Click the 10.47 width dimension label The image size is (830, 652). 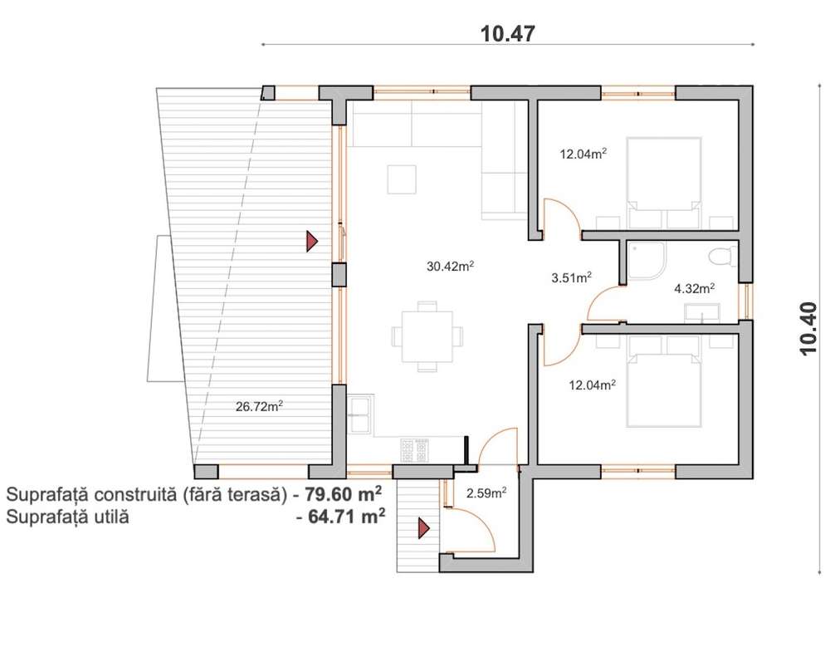508,33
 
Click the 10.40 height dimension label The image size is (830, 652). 809,328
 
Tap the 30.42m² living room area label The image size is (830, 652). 450,266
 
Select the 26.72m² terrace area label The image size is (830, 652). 259,406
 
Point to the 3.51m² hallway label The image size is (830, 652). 571,277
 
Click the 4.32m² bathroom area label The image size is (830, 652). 695,288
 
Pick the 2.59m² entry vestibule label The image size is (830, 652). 486,493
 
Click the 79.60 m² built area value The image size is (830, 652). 343,494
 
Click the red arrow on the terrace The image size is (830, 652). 312,241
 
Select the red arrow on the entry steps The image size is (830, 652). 423,528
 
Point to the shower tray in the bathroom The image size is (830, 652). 647,261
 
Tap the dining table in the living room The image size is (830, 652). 427,336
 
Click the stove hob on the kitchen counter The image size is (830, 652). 414,451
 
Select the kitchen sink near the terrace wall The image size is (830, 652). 361,415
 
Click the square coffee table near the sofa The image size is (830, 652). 401,179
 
